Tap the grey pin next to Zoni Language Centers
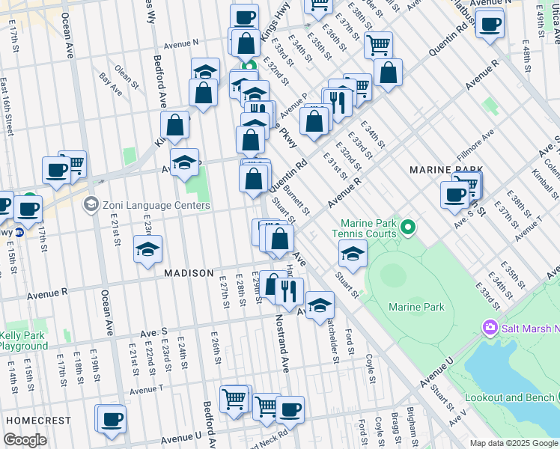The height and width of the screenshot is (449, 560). point(91,204)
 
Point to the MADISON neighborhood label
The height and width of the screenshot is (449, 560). point(189,274)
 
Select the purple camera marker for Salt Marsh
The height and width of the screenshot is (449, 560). point(490,327)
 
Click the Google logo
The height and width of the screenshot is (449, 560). point(25,440)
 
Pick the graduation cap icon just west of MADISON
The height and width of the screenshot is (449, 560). point(147,249)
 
